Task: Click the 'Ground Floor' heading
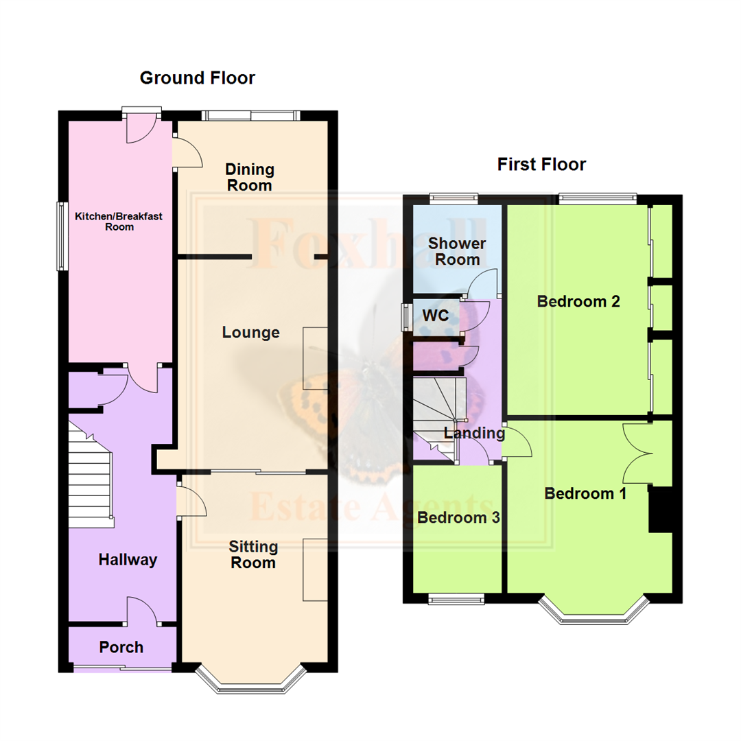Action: (x=197, y=78)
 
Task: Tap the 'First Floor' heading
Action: (x=541, y=165)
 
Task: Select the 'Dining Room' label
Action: (x=250, y=177)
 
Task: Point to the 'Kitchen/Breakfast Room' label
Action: (x=119, y=221)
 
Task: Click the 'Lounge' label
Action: (x=251, y=333)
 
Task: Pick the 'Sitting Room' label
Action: (x=253, y=554)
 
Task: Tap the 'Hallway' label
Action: (x=128, y=560)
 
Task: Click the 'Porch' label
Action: (x=121, y=647)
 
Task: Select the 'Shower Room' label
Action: (x=457, y=252)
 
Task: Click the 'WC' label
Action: (x=436, y=316)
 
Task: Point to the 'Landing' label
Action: (x=474, y=434)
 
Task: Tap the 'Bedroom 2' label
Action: (x=578, y=301)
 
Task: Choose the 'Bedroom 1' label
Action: (x=585, y=493)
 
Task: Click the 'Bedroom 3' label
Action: (x=458, y=518)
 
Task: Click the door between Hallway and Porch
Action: (x=143, y=611)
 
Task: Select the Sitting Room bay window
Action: (x=250, y=683)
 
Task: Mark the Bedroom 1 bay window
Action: (x=593, y=615)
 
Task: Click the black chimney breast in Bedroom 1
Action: (x=659, y=509)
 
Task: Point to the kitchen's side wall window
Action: (x=62, y=235)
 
